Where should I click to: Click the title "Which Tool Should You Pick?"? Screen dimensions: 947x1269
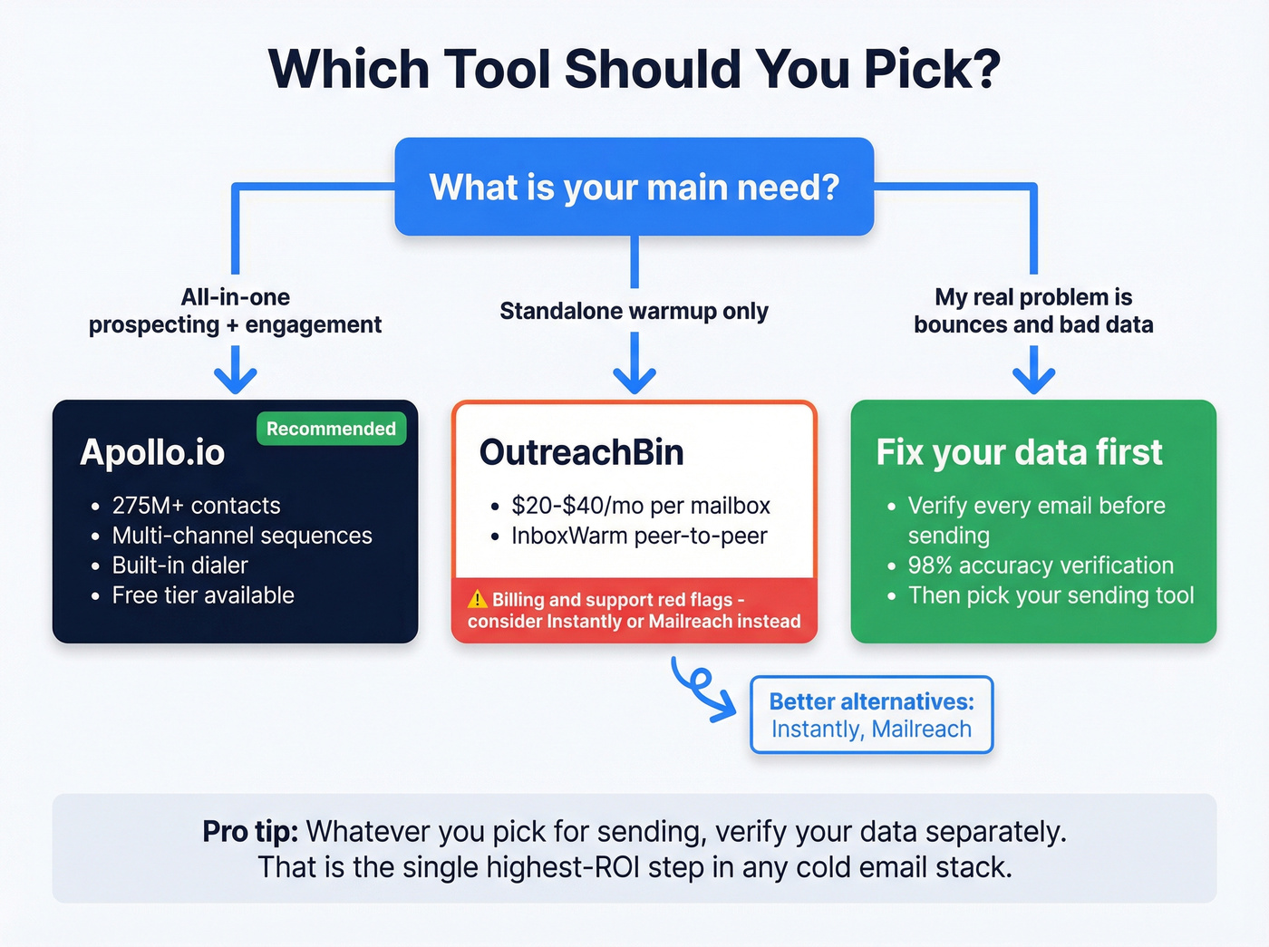pos(634,69)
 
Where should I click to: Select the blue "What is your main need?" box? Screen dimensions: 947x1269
pos(634,187)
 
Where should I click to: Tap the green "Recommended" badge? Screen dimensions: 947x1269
pos(331,429)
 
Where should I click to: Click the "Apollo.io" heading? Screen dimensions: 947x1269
pos(152,452)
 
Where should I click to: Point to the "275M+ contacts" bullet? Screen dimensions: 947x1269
pos(196,506)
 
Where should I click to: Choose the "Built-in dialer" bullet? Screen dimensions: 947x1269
pos(179,565)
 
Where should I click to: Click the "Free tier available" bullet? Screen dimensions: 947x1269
pos(203,595)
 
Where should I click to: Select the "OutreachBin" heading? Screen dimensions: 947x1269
pos(581,452)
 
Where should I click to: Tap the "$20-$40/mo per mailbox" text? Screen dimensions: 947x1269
pos(640,506)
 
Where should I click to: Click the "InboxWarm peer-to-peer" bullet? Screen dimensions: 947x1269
pos(639,536)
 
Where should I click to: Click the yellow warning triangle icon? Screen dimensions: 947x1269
pos(478,599)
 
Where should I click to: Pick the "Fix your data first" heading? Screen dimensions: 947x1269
pos(1019,452)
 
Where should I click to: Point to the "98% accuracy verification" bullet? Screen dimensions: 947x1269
pos(1041,565)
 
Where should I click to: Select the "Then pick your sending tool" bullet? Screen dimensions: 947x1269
pos(1051,595)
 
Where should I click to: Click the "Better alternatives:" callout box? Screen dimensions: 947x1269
pos(871,715)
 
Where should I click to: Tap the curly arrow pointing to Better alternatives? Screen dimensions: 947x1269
pos(702,688)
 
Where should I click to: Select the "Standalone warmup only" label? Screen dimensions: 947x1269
pos(634,311)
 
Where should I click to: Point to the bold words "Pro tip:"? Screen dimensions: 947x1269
pos(249,831)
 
